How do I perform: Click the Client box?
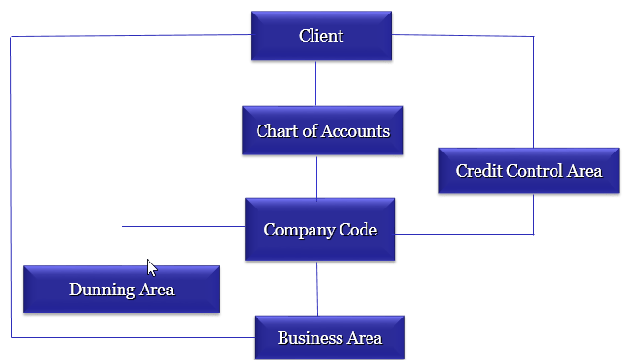click(x=321, y=36)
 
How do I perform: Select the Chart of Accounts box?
click(x=322, y=130)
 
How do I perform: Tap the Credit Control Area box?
click(x=529, y=171)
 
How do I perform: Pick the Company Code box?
click(x=320, y=230)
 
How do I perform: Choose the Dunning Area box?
click(x=122, y=289)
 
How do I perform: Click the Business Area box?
click(x=329, y=338)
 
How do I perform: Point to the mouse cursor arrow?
click(x=150, y=266)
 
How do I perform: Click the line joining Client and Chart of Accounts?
click(x=316, y=83)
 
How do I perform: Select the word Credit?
click(x=476, y=171)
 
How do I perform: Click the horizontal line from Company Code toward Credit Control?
click(x=463, y=234)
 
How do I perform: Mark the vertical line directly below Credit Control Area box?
click(x=533, y=213)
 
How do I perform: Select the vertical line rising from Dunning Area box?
click(x=122, y=246)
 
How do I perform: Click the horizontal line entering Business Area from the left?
click(x=135, y=337)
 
